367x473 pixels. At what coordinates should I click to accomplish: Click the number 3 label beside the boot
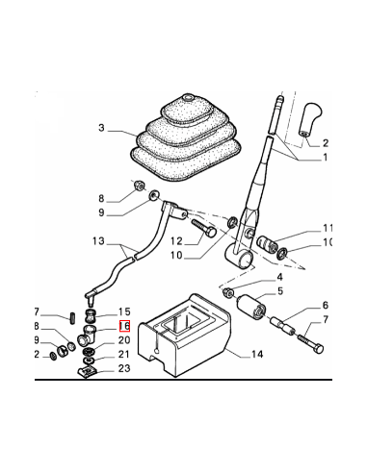pos(101,128)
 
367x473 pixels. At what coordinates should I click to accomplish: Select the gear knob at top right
pos(310,119)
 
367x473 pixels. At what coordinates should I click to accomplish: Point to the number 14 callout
pos(257,354)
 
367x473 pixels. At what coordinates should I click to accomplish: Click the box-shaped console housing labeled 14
pos(184,335)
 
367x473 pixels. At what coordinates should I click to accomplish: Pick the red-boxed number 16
pos(124,326)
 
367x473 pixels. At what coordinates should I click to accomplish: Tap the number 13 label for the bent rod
pos(98,240)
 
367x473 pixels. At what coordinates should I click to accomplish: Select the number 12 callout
pos(176,241)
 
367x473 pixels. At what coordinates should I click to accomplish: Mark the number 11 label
pos(327,228)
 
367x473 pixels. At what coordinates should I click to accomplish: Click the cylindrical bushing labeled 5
pos(251,308)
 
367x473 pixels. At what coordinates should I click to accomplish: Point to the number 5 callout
pos(280,291)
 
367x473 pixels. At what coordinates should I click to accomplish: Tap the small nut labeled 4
pos(227,292)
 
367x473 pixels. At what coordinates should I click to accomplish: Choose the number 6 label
pos(326,306)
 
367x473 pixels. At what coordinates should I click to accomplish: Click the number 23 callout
pos(124,368)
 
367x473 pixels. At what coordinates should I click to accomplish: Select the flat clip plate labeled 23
pos(88,372)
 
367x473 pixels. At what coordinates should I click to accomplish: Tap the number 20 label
pos(124,340)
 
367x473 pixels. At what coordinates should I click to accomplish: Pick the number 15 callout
pos(124,311)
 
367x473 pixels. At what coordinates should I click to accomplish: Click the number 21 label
pos(124,354)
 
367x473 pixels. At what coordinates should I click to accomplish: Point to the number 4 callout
pos(279,277)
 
